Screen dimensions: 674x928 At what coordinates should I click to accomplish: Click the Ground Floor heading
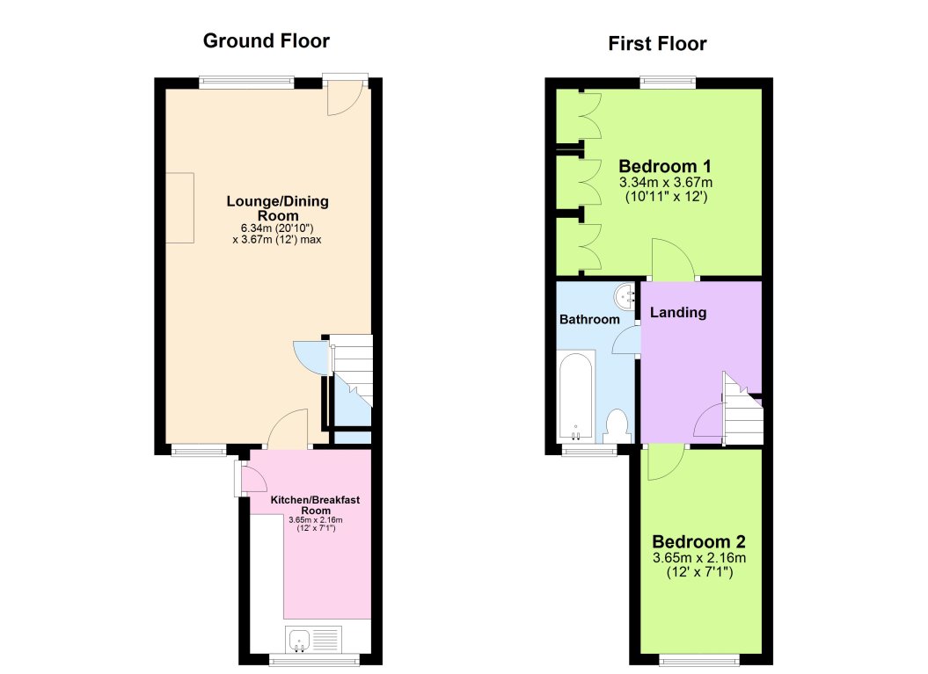[266, 40]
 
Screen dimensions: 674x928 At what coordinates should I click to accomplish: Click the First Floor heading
[657, 44]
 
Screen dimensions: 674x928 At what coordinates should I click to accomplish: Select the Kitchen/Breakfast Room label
[315, 504]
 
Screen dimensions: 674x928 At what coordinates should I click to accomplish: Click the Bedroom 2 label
[698, 541]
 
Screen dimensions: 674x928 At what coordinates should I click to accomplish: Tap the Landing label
[677, 312]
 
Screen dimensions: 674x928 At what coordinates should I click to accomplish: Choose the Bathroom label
[589, 319]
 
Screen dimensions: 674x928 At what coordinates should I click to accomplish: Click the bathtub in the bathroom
[576, 395]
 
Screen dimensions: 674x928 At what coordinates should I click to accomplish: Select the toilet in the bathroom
[617, 425]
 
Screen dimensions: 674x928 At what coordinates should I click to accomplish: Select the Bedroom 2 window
[700, 659]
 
